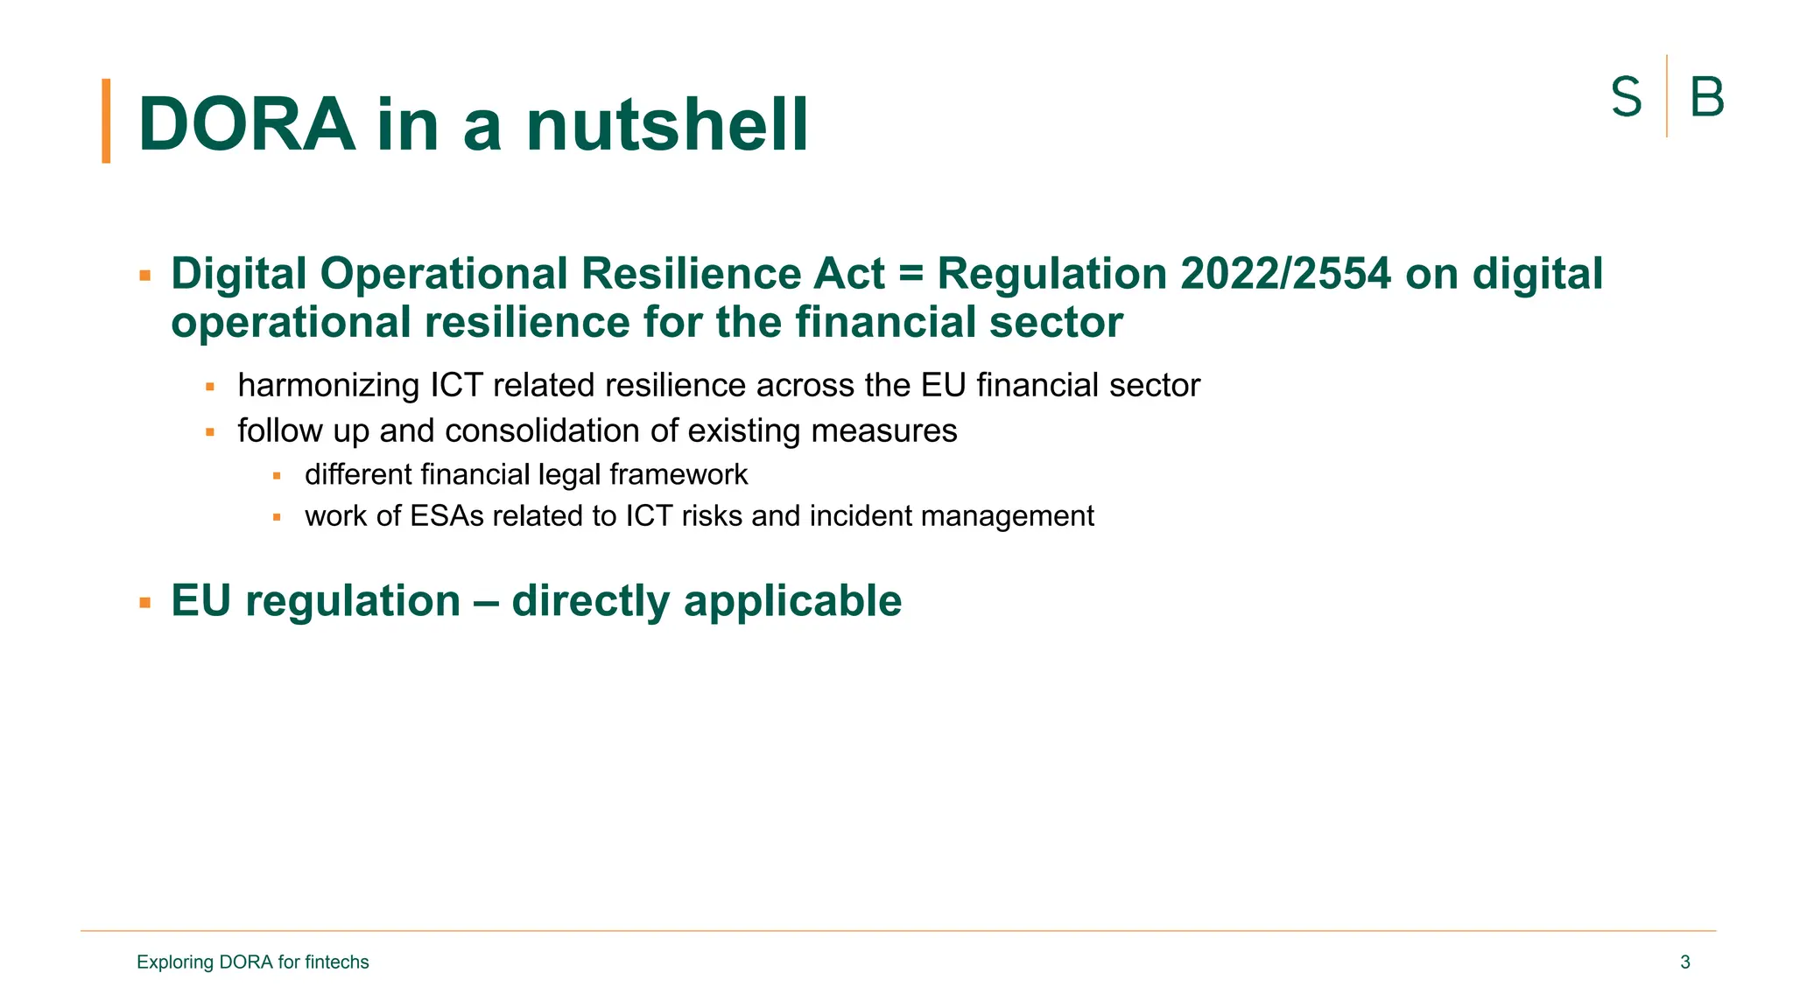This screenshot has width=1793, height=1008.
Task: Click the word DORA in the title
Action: (246, 124)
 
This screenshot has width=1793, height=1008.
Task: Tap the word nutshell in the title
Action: (667, 124)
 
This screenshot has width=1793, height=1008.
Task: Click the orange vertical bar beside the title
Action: (106, 121)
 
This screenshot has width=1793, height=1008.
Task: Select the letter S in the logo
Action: (1626, 97)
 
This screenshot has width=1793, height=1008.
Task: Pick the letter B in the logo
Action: (1706, 97)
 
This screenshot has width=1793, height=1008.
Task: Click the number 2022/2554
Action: (1285, 274)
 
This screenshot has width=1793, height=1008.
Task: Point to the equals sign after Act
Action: (911, 275)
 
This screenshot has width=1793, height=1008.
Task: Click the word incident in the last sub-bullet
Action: (861, 516)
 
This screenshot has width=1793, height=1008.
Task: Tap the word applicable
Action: (792, 601)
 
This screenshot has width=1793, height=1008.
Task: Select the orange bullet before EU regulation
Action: (145, 603)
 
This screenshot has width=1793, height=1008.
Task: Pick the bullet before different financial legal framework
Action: (277, 476)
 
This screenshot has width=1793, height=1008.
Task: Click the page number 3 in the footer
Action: (1684, 962)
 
